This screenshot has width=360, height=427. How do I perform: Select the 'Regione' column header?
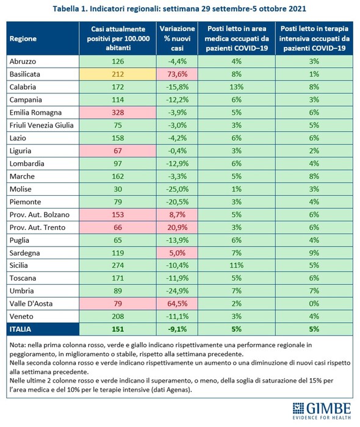[x=23, y=38]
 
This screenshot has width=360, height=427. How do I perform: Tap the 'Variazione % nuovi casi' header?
[x=178, y=38]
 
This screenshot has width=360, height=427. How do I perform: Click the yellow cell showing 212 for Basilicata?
[x=118, y=74]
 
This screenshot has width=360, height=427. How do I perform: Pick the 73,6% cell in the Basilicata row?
[x=178, y=74]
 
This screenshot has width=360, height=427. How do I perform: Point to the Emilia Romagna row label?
[x=35, y=112]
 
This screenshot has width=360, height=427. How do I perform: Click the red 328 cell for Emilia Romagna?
[x=118, y=112]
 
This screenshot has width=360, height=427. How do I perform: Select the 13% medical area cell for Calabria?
[x=236, y=87]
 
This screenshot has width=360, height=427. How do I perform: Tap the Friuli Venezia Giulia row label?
[x=41, y=125]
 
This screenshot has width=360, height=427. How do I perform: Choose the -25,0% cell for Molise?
[x=178, y=189]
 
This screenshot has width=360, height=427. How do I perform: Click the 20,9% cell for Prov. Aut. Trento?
[x=178, y=228]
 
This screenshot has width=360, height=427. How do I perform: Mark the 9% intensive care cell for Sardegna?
[x=314, y=253]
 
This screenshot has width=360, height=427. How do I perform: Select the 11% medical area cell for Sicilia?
[x=236, y=265]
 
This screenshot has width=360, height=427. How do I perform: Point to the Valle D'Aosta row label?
[x=31, y=304]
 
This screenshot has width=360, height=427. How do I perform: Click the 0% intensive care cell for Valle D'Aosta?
[x=314, y=304]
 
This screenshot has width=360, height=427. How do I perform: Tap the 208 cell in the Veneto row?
[x=118, y=317]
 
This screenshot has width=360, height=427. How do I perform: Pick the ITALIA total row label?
[x=20, y=329]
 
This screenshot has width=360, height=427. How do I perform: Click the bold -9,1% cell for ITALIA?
[x=178, y=329]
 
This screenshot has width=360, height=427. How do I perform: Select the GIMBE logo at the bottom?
[x=322, y=411]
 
